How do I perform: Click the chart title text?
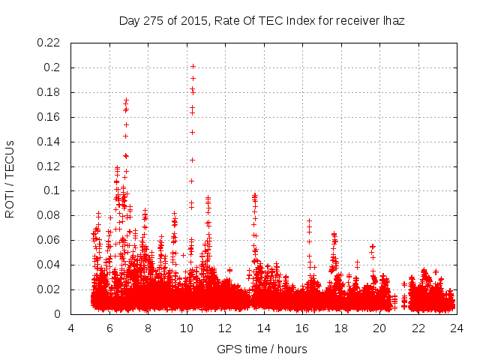[262, 21]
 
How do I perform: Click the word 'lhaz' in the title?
[393, 21]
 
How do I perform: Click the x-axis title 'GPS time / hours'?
[262, 349]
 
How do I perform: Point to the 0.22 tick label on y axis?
[51, 43]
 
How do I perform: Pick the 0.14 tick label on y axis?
[51, 142]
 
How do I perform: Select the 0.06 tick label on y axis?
[51, 241]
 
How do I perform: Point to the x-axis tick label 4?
[71, 328]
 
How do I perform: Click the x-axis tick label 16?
[302, 328]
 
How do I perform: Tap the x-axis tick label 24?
[456, 328]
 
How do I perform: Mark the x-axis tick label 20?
[379, 328]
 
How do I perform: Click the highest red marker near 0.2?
[193, 67]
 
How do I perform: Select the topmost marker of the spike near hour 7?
[127, 99]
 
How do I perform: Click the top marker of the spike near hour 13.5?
[255, 195]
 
